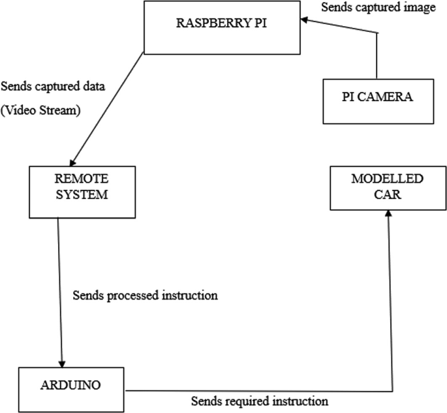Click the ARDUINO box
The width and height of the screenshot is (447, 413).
[x=72, y=389]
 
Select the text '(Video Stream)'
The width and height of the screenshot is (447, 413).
[x=40, y=110]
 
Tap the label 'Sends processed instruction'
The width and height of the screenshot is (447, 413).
[x=145, y=295]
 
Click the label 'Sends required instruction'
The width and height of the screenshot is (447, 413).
[x=259, y=400]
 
